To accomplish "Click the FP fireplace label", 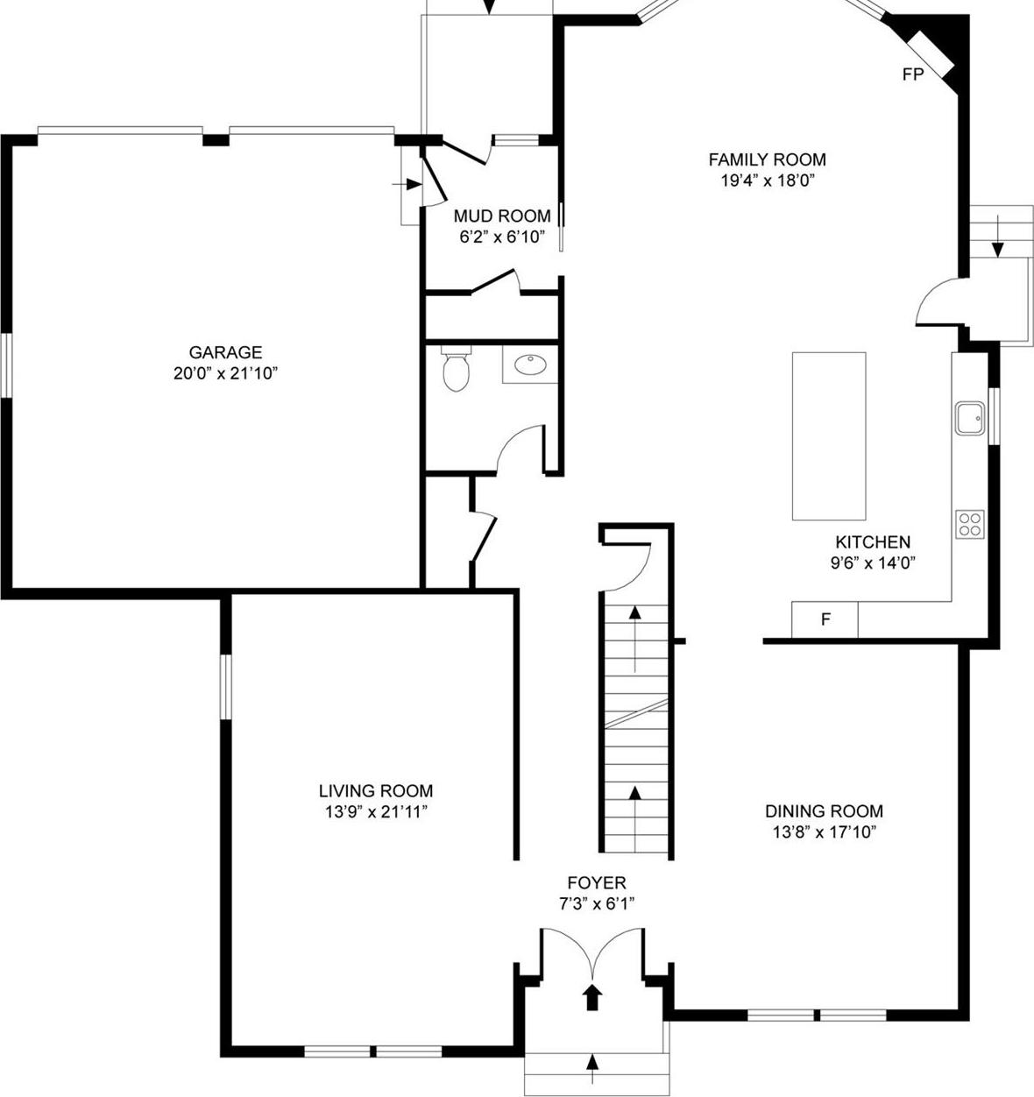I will (913, 74).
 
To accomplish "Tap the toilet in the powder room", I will (456, 370).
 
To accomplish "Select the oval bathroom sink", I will (529, 364).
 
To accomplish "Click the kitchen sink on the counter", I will (969, 419).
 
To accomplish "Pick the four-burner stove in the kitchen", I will (970, 524).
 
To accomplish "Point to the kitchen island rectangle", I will (829, 436).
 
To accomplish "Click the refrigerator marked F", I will (825, 619).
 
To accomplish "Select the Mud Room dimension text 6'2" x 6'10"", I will (502, 237).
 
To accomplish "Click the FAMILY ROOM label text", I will (767, 159).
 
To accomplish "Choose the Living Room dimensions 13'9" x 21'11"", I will (375, 812).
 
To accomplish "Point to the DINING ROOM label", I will (824, 811).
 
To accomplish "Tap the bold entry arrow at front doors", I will (593, 996).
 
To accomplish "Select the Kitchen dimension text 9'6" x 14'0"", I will (872, 563).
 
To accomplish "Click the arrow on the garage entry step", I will (411, 184).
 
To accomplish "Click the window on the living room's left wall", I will (226, 687).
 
